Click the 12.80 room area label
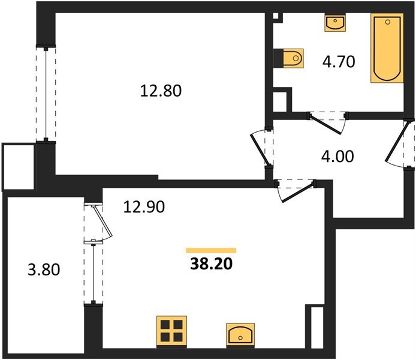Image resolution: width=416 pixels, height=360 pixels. [160, 91]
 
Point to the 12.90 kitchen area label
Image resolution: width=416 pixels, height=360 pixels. [144, 207]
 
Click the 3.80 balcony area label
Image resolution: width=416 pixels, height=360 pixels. [44, 270]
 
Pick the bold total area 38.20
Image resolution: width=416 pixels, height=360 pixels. [210, 263]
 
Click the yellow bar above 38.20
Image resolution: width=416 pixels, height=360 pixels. [210, 250]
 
